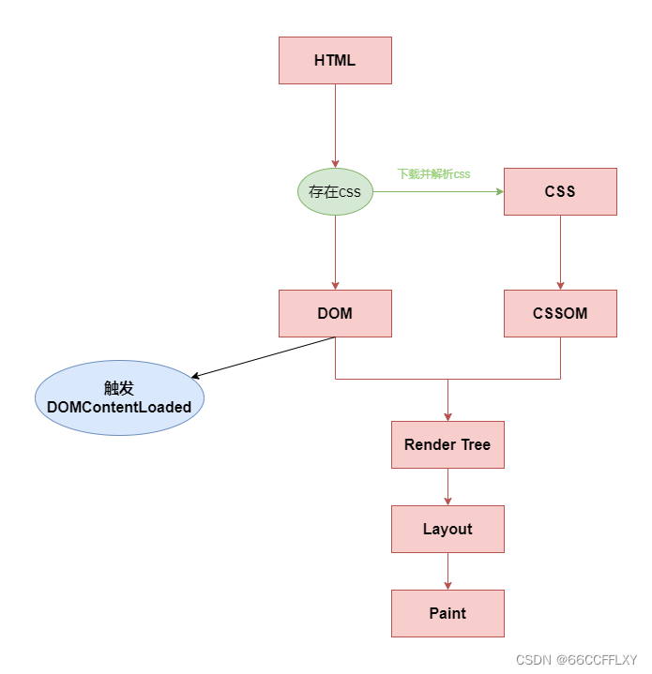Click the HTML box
(335, 61)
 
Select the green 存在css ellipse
(335, 192)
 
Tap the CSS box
(560, 192)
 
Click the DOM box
(335, 314)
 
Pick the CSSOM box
(560, 314)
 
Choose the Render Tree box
(447, 445)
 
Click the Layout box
(447, 530)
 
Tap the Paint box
(447, 614)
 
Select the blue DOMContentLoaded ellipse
(119, 398)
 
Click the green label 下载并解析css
(433, 174)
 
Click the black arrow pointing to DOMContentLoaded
(263, 358)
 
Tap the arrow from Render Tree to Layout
(447, 487)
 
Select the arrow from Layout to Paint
(447, 572)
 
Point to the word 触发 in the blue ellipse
(119, 389)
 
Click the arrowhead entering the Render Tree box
(447, 416)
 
